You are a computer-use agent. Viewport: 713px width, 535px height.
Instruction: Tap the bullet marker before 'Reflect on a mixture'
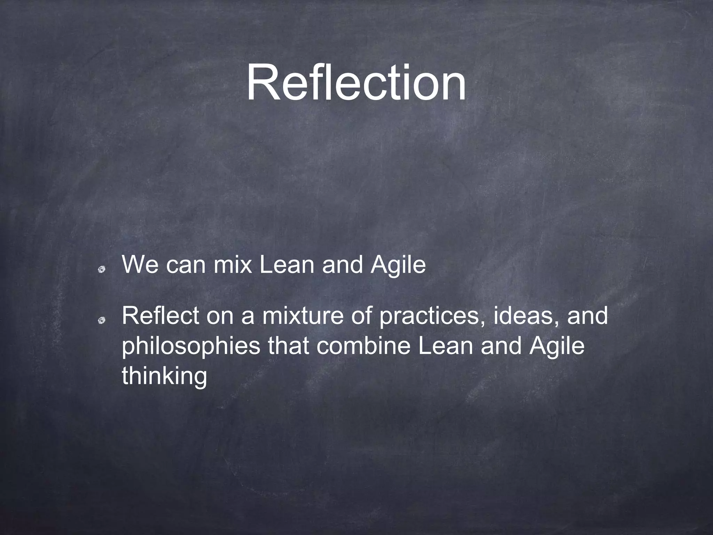click(101, 320)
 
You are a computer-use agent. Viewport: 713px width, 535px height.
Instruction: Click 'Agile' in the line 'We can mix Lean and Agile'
click(398, 265)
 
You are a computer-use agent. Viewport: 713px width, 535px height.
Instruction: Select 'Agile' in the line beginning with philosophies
click(556, 346)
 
